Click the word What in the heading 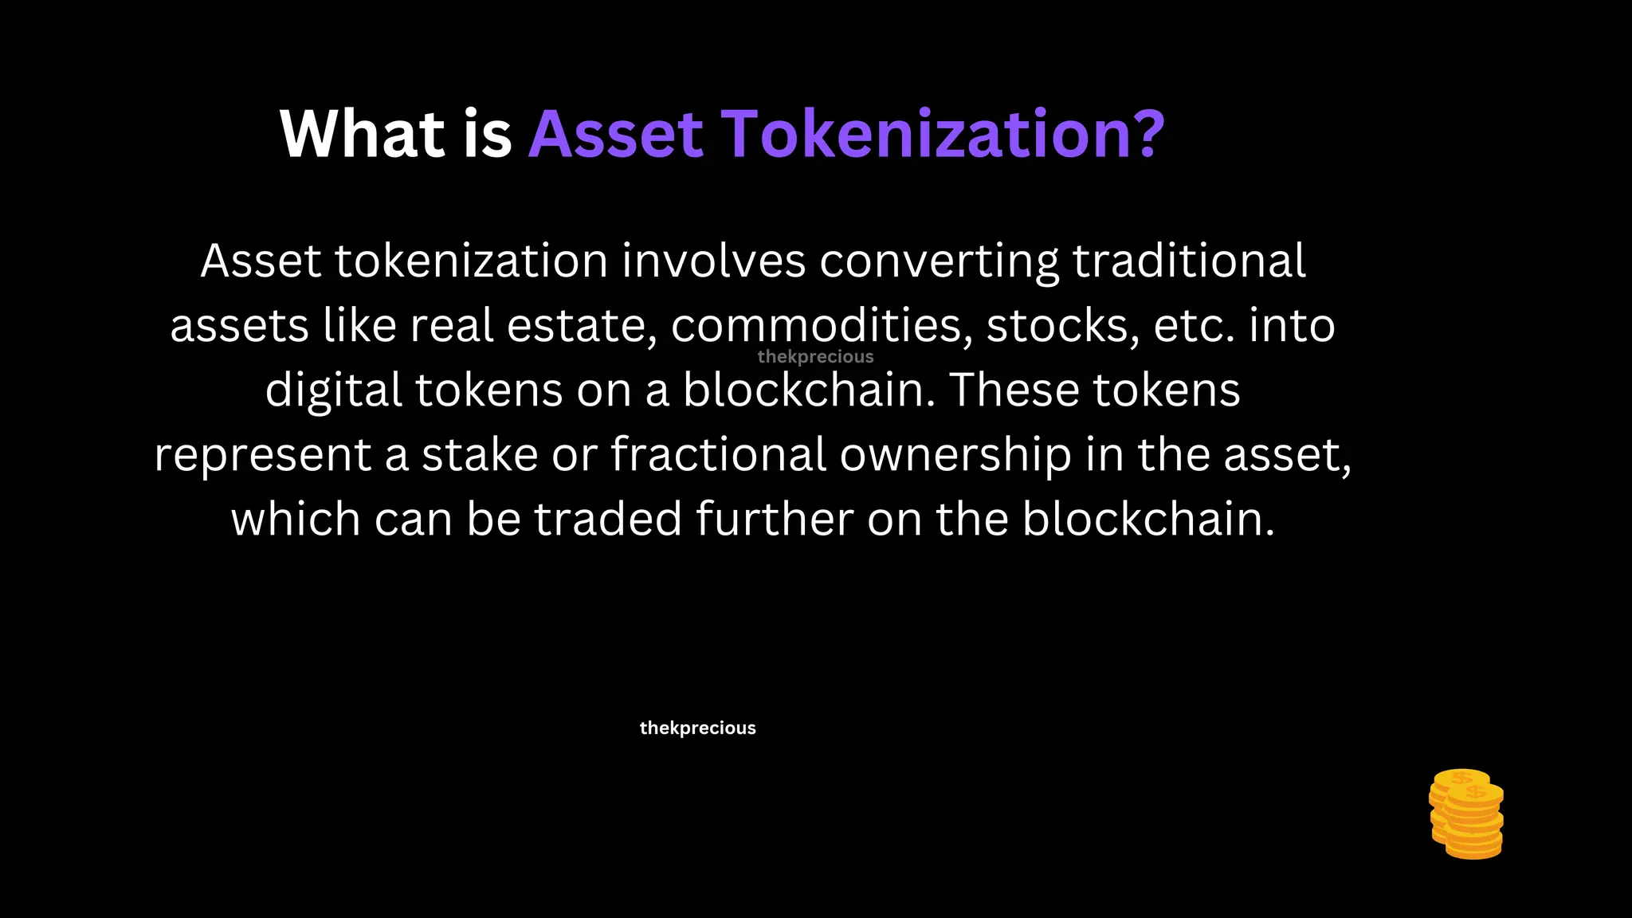362,135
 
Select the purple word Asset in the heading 616,135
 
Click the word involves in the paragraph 713,261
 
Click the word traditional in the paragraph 1189,261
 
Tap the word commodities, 822,327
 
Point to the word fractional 718,455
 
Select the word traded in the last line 608,520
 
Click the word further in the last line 775,520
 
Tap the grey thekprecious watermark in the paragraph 815,357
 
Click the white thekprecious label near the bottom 697,728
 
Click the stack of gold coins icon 1466,814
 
